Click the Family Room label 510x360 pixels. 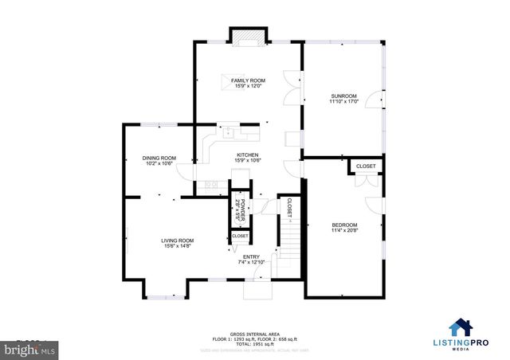point(248,81)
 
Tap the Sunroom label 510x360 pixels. point(343,96)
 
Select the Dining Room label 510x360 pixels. point(159,158)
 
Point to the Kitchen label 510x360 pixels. point(248,155)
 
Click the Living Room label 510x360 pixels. point(155,241)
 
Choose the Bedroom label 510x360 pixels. point(344,225)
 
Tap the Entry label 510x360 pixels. point(251,256)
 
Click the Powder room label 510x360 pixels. point(238,206)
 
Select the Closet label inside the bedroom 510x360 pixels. point(366,166)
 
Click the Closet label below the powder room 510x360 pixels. point(240,237)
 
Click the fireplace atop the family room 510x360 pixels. point(248,36)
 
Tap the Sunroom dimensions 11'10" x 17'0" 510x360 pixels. point(343,102)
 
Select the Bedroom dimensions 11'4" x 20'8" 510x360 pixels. point(344,230)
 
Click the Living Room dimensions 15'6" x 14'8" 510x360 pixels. point(155,246)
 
